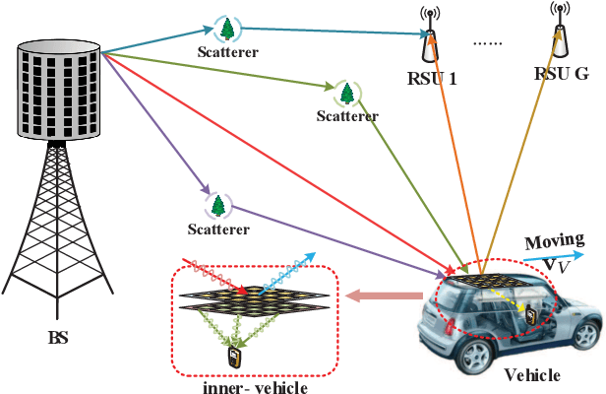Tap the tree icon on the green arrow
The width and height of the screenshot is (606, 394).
pyautogui.click(x=347, y=94)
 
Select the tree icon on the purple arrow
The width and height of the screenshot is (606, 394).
pyautogui.click(x=220, y=205)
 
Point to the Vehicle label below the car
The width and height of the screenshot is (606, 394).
pyautogui.click(x=532, y=375)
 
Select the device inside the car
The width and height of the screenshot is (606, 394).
pyautogui.click(x=532, y=314)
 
